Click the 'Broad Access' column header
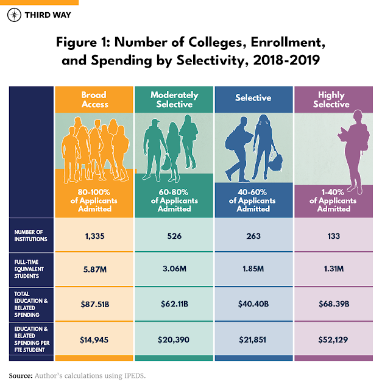click(x=94, y=99)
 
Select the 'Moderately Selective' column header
click(x=174, y=99)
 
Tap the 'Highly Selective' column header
click(x=331, y=99)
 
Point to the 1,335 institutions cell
click(x=94, y=236)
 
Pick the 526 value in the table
click(x=174, y=236)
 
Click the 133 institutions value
click(x=331, y=236)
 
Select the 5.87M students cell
click(x=94, y=268)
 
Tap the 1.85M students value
click(x=253, y=268)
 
